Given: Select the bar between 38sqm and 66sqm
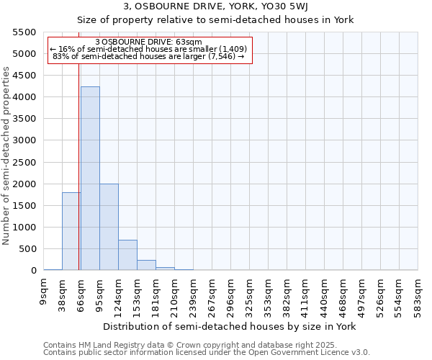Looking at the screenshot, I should coord(71,231).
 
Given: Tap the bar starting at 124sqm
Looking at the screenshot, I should coord(127,255).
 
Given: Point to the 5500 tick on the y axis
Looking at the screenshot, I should coord(24,32).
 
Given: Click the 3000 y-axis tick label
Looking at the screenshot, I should coord(24,140).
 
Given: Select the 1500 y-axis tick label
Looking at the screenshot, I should coord(24,206).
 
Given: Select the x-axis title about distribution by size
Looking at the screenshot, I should coord(230,326).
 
